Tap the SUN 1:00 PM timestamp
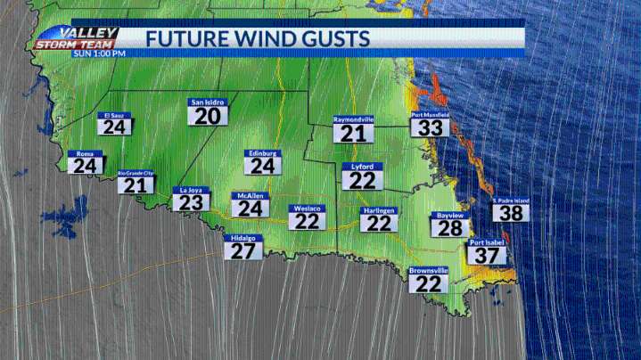tap(99, 53)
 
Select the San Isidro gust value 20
tap(208, 116)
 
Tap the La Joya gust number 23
tap(190, 201)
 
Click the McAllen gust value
tap(248, 208)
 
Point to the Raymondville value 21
tap(353, 133)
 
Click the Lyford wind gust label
tap(362, 179)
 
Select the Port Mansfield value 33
tap(431, 127)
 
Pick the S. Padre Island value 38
tap(511, 212)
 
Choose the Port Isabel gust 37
tap(486, 254)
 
